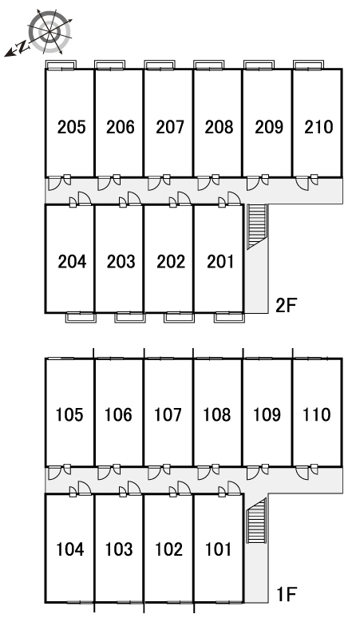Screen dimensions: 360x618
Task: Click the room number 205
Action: [71, 127]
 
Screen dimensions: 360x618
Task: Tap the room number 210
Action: [318, 127]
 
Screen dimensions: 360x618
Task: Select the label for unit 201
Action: [220, 262]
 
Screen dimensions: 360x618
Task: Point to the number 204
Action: [72, 262]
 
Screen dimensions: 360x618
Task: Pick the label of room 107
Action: [168, 414]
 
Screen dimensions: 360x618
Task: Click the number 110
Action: [317, 414]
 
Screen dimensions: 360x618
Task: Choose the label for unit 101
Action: [219, 549]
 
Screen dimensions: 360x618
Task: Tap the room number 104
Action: [70, 549]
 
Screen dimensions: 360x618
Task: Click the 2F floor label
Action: [286, 306]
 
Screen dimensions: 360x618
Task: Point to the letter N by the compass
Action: [24, 47]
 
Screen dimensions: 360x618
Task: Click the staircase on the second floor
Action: [257, 227]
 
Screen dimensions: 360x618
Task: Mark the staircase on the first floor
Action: [256, 520]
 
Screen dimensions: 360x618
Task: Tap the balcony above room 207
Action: [160, 65]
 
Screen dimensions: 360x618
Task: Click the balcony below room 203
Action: [130, 317]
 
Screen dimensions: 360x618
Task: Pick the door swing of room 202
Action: [184, 198]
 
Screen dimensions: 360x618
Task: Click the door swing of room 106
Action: [103, 473]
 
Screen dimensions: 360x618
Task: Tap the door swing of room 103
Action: [134, 488]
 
